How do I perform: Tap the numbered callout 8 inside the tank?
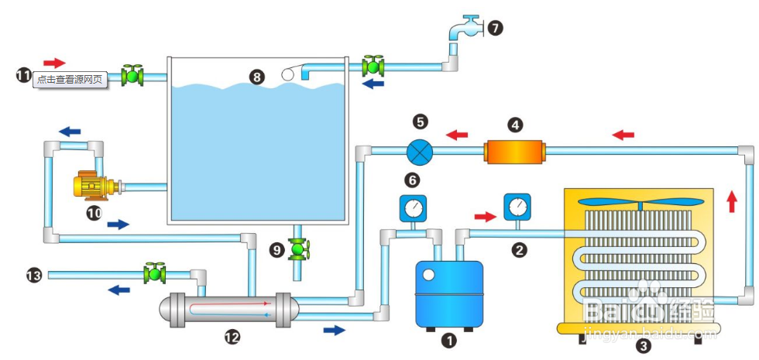pos(257,76)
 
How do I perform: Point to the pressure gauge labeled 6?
pos(413,209)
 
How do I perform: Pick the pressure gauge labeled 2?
pos(516,207)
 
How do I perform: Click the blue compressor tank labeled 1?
pos(449,293)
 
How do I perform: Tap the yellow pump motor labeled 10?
pos(91,186)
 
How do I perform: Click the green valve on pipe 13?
pos(155,273)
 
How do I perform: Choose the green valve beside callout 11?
pos(133,75)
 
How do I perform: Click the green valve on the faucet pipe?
pos(374,66)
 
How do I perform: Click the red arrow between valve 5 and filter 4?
pos(457,135)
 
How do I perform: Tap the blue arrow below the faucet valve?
pos(373,83)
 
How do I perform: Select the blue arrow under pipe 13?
pos(118,290)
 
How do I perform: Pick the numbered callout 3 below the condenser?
pos(641,348)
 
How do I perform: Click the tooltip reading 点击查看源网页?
pos(70,79)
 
